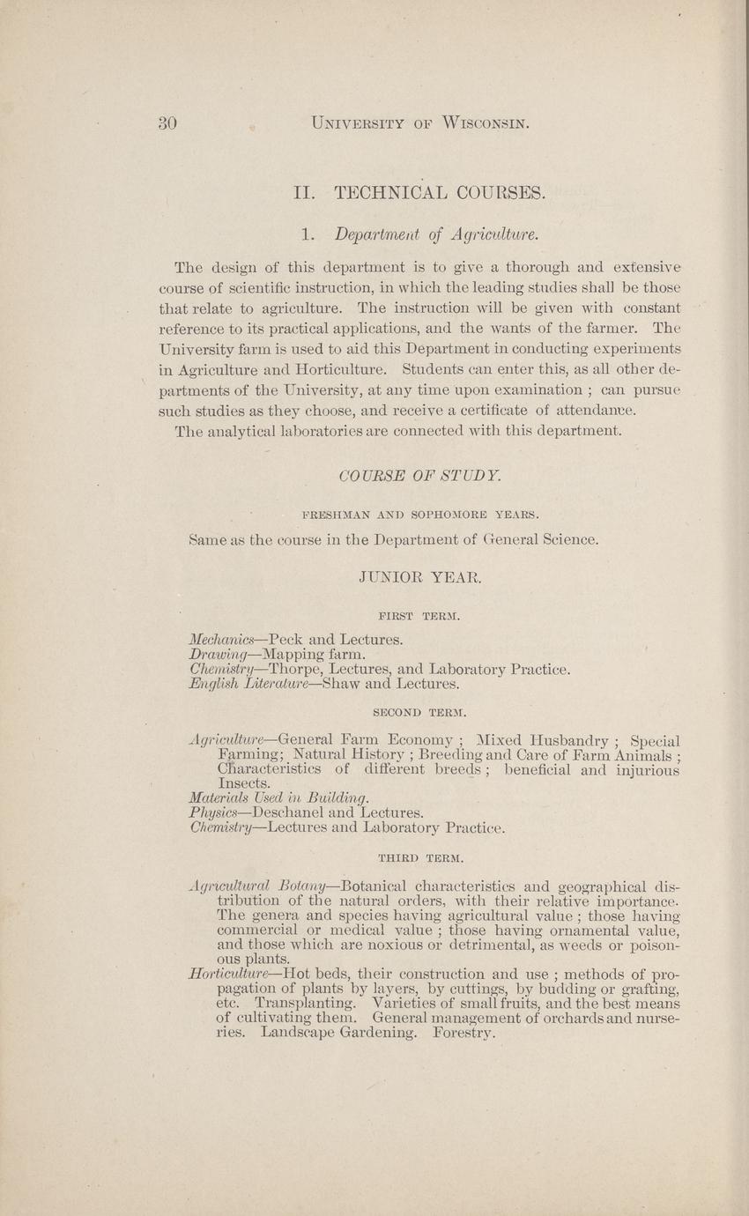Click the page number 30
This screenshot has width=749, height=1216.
click(168, 123)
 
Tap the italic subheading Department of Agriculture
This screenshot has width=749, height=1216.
click(435, 235)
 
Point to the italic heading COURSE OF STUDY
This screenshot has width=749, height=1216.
click(420, 476)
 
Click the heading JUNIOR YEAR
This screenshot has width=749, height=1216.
click(420, 579)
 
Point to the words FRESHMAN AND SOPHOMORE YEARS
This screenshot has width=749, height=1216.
click(420, 514)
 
